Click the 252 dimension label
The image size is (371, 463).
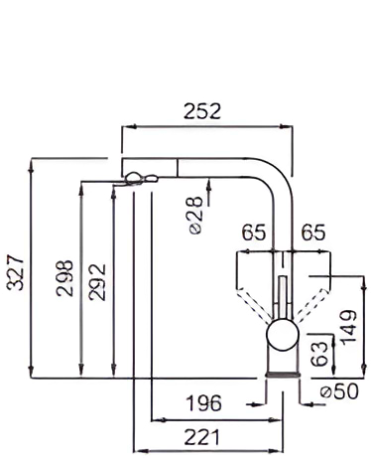coord(201,111)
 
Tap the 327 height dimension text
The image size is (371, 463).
coord(16,272)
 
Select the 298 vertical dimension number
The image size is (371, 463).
coord(64,278)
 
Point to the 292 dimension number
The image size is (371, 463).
coord(97,282)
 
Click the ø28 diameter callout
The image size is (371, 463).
coord(194,216)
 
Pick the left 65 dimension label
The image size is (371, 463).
coord(254,232)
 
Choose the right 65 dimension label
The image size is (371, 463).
coord(312,232)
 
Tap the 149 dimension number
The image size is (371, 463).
coord(349,327)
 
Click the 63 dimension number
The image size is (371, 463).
coord(320,354)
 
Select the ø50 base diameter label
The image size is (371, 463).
coord(339,391)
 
